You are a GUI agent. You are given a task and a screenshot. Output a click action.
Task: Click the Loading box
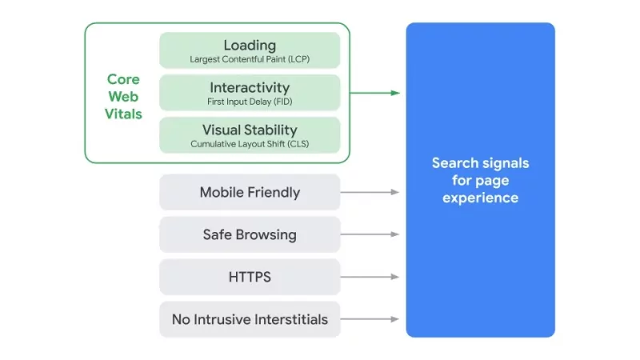click(x=250, y=50)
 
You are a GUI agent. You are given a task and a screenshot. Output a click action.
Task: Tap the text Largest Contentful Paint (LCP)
click(x=250, y=59)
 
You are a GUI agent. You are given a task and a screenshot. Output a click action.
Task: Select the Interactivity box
click(x=250, y=93)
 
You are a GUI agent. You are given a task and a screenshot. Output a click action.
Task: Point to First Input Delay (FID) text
click(x=250, y=102)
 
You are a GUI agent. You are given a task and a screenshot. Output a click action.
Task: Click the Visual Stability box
click(x=250, y=135)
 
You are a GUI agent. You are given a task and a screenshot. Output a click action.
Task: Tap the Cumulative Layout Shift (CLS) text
click(x=250, y=145)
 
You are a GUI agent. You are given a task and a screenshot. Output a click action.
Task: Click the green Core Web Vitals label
click(x=123, y=97)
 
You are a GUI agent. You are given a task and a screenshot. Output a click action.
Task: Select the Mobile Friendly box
click(x=250, y=192)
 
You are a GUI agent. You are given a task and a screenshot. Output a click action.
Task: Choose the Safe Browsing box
click(x=250, y=234)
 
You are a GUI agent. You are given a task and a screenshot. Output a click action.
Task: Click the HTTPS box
click(x=250, y=277)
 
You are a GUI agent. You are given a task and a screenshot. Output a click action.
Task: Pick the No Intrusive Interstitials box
click(x=250, y=319)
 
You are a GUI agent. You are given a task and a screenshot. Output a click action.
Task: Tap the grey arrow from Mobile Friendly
click(x=370, y=192)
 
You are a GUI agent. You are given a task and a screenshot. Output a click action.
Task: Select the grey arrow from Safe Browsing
click(x=370, y=234)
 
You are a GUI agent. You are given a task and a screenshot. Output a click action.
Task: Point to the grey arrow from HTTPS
click(x=370, y=277)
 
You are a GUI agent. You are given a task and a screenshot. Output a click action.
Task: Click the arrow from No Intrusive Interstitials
click(x=370, y=319)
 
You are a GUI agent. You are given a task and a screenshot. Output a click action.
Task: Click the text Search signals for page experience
click(x=480, y=180)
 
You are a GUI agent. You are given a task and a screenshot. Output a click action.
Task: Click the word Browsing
click(x=268, y=234)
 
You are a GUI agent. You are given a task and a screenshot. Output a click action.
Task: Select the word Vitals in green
click(x=123, y=114)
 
